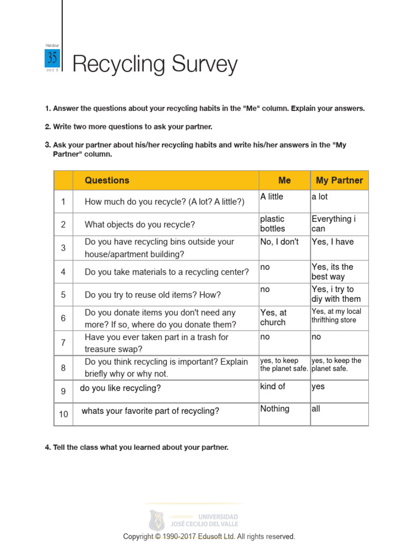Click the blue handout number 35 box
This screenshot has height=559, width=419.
click(52, 58)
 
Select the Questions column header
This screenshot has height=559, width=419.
click(107, 180)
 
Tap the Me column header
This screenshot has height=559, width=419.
click(284, 180)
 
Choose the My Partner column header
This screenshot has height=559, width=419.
click(339, 180)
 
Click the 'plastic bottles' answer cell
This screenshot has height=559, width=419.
click(273, 224)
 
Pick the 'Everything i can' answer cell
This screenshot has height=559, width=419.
click(333, 224)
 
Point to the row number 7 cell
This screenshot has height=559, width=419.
click(63, 343)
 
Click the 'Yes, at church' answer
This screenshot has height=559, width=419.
click(273, 317)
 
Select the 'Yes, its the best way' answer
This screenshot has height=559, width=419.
click(332, 271)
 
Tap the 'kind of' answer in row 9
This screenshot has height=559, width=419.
click(273, 386)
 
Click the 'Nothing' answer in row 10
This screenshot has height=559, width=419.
click(275, 409)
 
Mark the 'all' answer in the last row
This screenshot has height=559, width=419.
click(316, 409)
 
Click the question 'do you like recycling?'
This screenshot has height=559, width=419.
click(120, 389)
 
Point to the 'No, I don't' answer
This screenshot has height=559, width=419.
click(279, 242)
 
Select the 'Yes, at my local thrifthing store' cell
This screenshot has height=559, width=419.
click(336, 316)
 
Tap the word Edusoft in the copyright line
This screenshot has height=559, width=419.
click(218, 537)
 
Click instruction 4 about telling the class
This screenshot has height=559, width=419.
click(136, 447)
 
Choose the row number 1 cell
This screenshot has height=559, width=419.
click(63, 202)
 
